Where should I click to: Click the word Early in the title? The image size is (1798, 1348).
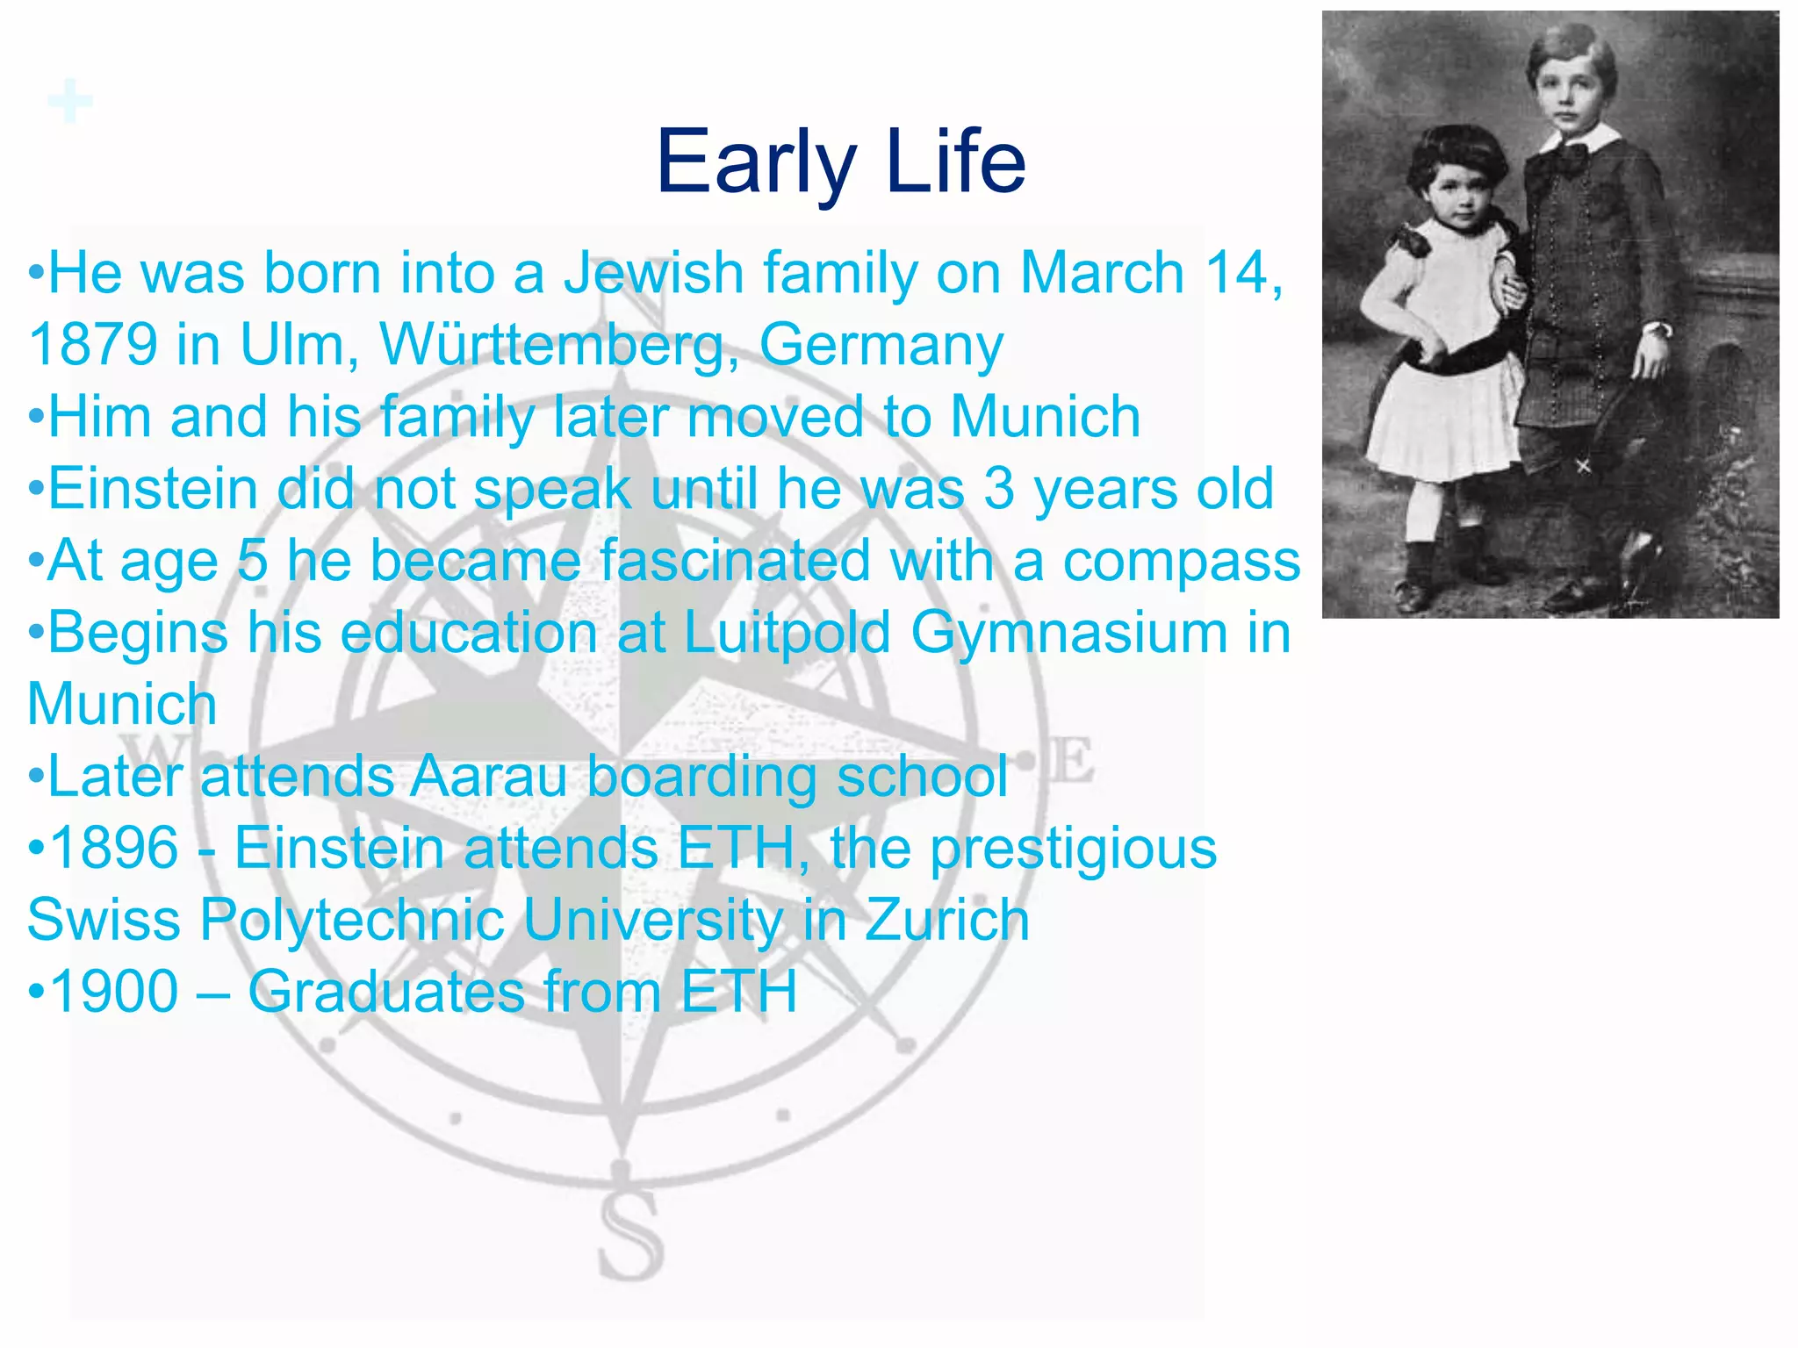click(x=756, y=163)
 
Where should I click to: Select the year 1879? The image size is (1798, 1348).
click(x=92, y=345)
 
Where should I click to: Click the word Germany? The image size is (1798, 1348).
click(x=881, y=347)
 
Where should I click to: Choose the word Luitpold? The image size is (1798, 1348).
click(x=786, y=634)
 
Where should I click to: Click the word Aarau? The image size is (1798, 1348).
click(x=489, y=777)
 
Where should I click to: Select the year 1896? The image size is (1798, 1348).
click(x=115, y=849)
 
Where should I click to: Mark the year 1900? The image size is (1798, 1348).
click(x=115, y=993)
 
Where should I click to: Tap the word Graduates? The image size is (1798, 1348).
click(x=385, y=993)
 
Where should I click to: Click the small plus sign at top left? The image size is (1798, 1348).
click(x=70, y=101)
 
